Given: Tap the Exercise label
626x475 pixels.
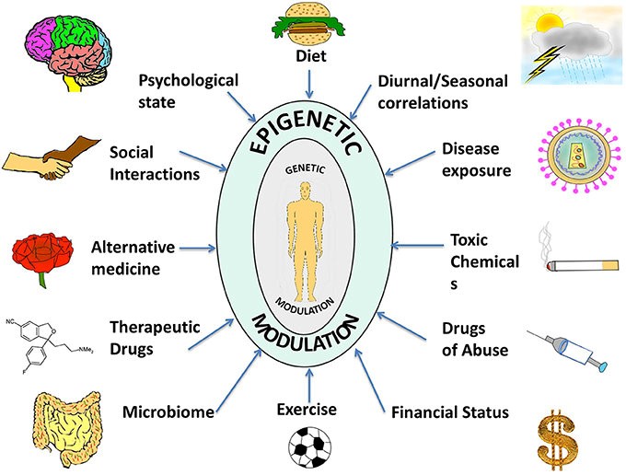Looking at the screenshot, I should point(307,409).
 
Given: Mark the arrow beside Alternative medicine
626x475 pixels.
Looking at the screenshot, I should point(194,247).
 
